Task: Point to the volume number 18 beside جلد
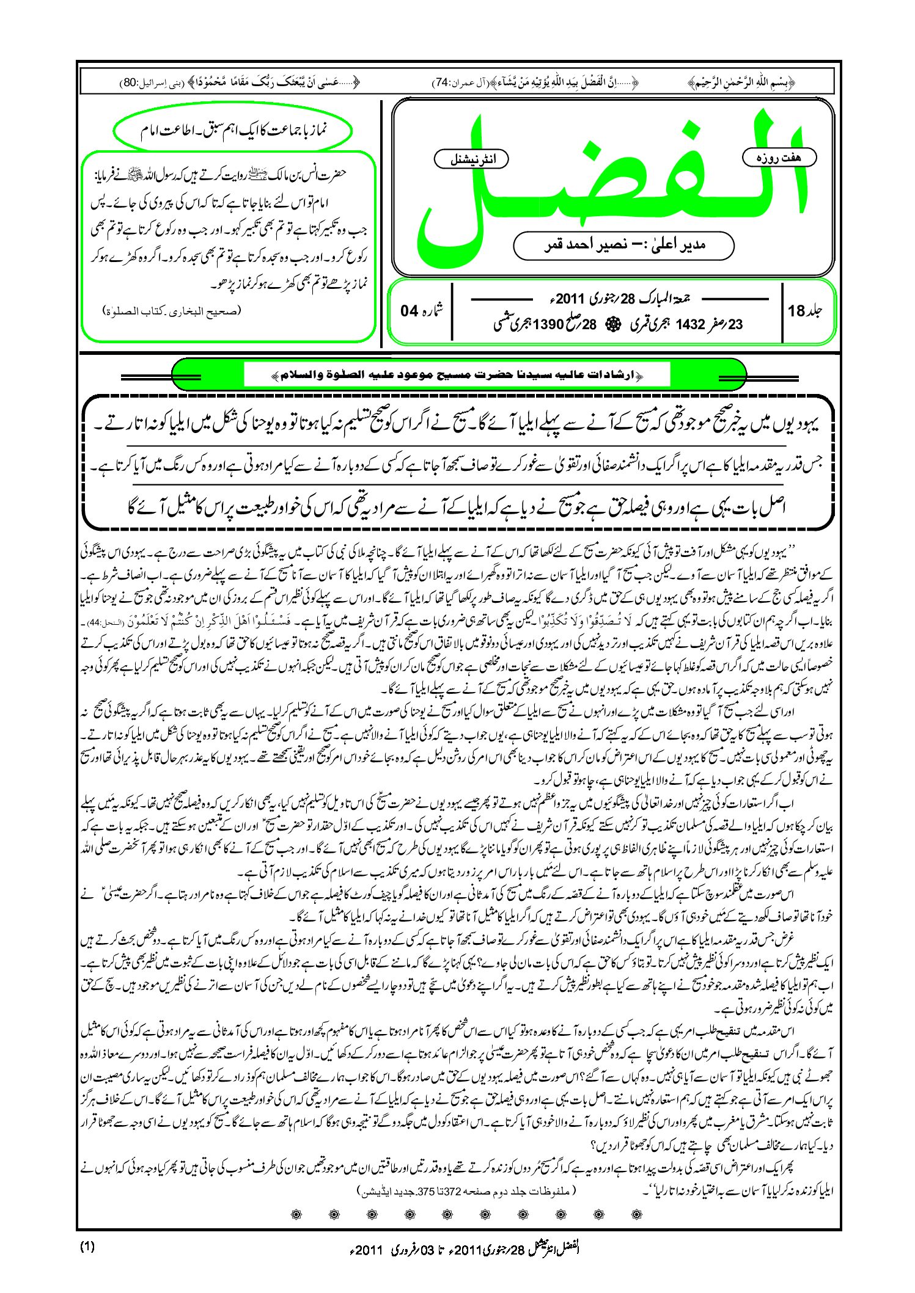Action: (x=796, y=311)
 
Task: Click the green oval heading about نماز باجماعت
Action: (x=233, y=131)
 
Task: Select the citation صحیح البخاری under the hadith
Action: (x=172, y=310)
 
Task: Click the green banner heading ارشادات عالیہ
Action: (x=458, y=374)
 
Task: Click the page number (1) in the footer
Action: (x=87, y=1248)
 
